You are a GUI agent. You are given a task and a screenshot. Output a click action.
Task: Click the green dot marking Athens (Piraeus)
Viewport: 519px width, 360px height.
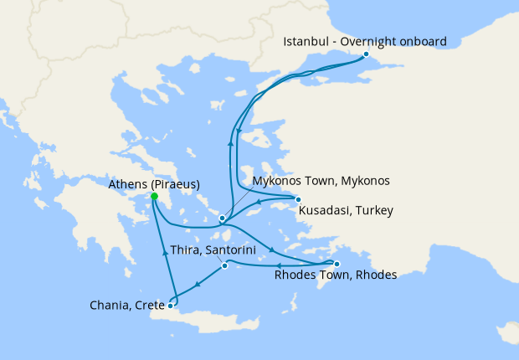click(154, 198)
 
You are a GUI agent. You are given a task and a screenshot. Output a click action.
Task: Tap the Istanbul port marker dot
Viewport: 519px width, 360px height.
click(366, 55)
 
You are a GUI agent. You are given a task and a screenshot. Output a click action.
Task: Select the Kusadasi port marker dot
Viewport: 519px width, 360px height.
click(298, 199)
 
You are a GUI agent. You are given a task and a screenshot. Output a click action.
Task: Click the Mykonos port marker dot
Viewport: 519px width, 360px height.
click(222, 219)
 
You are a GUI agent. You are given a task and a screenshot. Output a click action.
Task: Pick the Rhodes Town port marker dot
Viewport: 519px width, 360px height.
click(337, 264)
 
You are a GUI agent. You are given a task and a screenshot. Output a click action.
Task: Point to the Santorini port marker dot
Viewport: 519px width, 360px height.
click(224, 266)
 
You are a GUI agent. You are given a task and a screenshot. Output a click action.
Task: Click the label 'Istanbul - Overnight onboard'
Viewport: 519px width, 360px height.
click(365, 41)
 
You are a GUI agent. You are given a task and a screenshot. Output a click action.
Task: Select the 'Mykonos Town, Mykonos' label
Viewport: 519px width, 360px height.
click(321, 180)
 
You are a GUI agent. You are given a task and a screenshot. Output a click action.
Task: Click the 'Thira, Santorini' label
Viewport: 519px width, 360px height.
click(207, 249)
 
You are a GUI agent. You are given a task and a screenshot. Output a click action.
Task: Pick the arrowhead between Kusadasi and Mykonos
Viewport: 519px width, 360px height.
click(259, 202)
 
